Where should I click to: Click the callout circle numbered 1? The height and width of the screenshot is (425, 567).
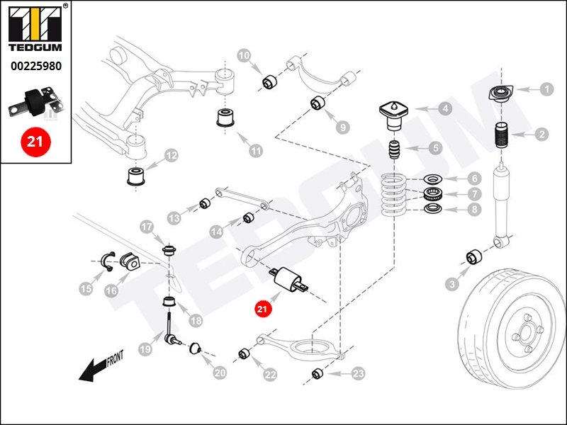pos(546,89)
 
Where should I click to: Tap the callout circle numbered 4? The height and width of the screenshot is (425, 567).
pos(444,109)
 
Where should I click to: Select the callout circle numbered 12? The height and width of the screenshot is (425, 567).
pos(171,155)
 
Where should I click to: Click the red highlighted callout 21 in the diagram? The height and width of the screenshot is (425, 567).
pos(263,309)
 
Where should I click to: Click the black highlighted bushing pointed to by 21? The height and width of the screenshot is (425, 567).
pos(288,279)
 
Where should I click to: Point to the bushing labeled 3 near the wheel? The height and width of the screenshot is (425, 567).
pos(473,257)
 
